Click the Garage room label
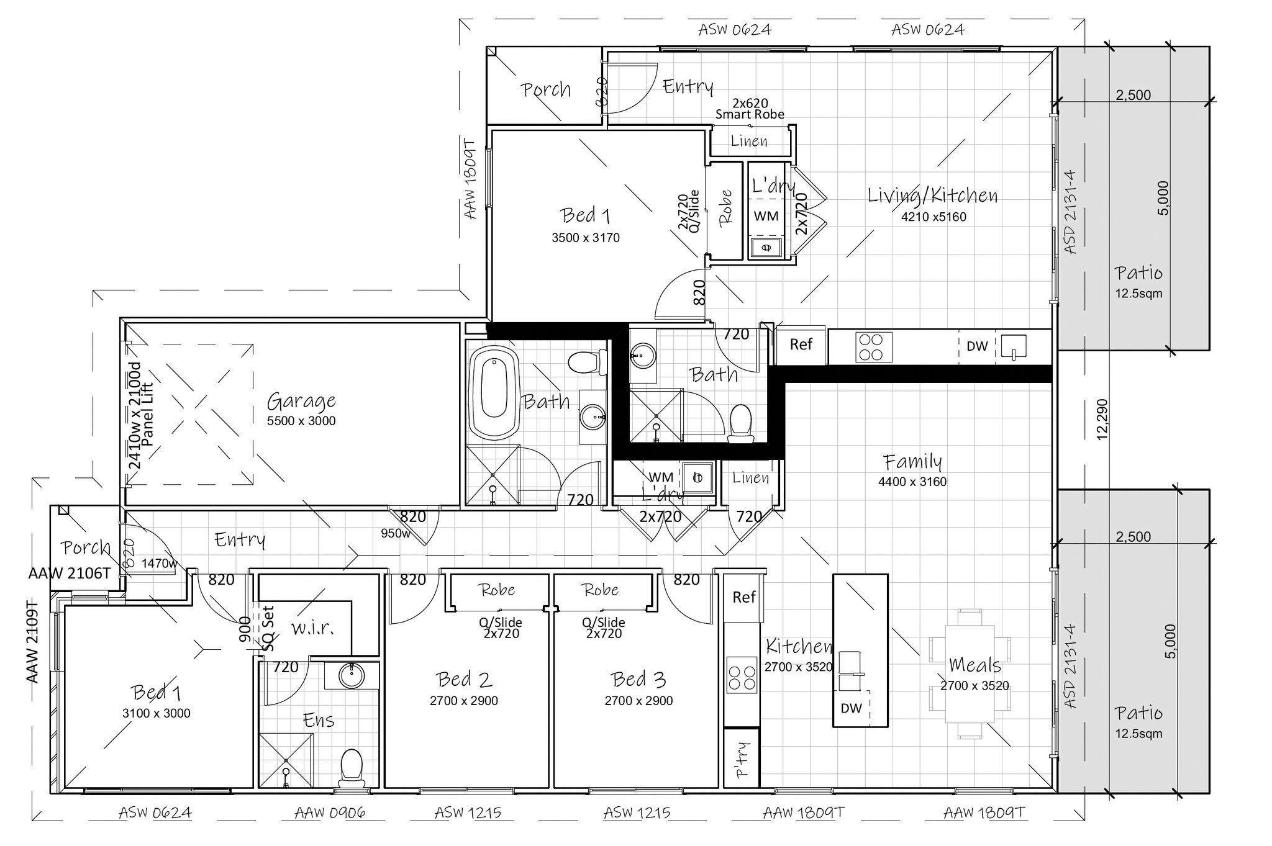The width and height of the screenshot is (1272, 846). (x=301, y=402)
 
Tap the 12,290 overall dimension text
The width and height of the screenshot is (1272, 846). (x=1102, y=419)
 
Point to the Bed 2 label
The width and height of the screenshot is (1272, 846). (x=464, y=680)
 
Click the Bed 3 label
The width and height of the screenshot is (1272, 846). (x=638, y=680)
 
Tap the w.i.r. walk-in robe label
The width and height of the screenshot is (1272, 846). (x=313, y=628)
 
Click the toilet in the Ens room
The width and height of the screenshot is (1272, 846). (x=352, y=767)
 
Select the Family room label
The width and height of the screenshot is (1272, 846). (x=913, y=462)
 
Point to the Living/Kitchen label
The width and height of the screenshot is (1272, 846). (x=933, y=196)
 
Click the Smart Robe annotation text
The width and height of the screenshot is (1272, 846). (x=750, y=114)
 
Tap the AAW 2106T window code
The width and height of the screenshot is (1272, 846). (x=70, y=574)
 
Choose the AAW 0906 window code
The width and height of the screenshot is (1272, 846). (x=330, y=812)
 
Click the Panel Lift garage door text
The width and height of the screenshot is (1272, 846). (x=147, y=415)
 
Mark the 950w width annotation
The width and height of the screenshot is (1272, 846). (x=396, y=533)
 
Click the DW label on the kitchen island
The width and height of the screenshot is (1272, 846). (x=852, y=708)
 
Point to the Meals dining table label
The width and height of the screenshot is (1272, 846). (x=975, y=665)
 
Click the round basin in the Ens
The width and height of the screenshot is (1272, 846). (x=352, y=675)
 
